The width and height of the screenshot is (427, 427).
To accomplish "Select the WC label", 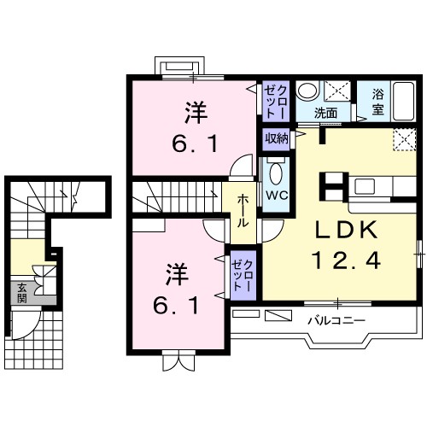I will (x=275, y=195).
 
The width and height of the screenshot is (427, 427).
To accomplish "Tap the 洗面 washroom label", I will (x=325, y=113).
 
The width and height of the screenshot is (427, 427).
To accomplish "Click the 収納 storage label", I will (x=275, y=138).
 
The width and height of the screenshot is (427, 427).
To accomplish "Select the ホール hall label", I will (x=243, y=209).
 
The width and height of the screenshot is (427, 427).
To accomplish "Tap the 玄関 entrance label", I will (x=19, y=292).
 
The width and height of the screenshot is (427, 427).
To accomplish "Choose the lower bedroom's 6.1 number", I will (x=178, y=305).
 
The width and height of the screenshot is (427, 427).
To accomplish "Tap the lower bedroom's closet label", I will (x=243, y=274).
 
